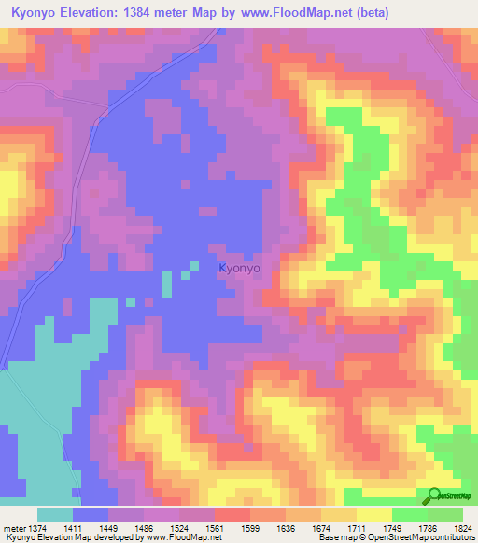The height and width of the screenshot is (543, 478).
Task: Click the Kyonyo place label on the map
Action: (x=239, y=268)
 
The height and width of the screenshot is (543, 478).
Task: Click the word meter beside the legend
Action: (x=10, y=527)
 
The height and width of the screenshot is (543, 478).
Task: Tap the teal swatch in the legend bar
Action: (x=55, y=514)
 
